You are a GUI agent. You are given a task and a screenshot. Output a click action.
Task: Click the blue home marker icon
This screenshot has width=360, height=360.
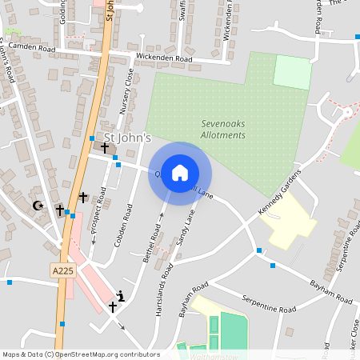(x=180, y=173)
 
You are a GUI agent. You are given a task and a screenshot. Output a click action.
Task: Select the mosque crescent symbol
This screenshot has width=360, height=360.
(x=37, y=206)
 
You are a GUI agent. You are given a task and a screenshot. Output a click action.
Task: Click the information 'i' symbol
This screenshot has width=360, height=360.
(x=120, y=295)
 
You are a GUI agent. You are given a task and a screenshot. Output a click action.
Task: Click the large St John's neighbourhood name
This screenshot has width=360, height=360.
(x=122, y=138)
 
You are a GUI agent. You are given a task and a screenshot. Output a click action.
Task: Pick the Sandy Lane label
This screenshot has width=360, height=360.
(x=186, y=227)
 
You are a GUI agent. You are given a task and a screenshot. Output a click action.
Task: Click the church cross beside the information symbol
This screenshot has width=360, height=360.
(x=112, y=306)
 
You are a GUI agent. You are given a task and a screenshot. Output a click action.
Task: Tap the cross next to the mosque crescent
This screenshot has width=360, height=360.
(x=59, y=210)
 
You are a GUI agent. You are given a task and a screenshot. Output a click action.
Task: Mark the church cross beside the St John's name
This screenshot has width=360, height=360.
(x=104, y=148)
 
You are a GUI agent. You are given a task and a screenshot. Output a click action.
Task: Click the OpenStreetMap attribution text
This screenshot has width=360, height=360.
(x=80, y=354)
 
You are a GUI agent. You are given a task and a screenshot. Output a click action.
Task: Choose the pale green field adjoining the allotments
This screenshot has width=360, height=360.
(x=292, y=73)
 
